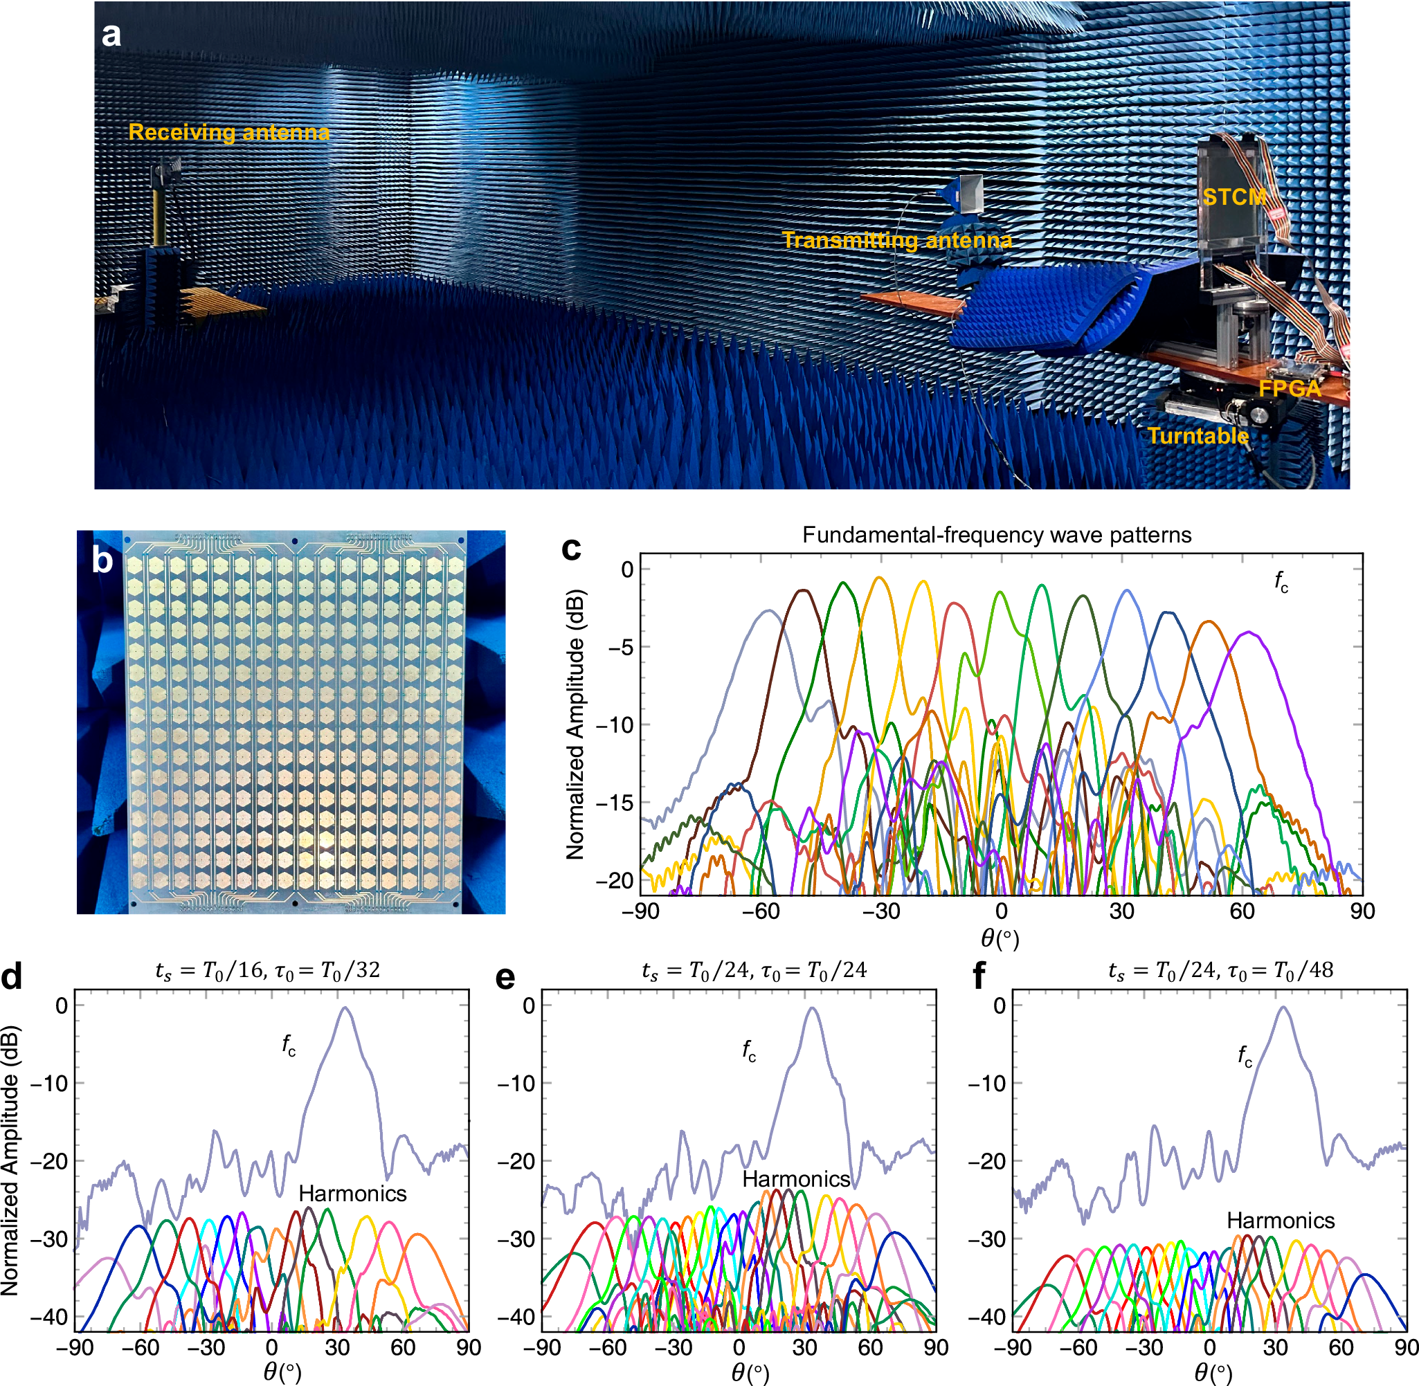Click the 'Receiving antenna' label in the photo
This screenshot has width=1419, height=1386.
[228, 132]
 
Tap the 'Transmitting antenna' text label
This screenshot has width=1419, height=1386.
[896, 240]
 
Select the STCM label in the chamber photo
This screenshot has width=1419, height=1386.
[1233, 197]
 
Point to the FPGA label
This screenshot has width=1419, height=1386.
[1290, 389]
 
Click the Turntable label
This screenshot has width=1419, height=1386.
[1197, 436]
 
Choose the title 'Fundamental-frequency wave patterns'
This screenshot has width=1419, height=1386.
[997, 535]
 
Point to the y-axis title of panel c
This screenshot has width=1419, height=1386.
[575, 724]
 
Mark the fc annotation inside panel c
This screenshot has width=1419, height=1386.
[1281, 582]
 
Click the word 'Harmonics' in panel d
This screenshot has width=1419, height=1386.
[352, 1194]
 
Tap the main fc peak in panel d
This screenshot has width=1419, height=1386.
[345, 1009]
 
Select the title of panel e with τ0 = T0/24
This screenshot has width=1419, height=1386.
[753, 970]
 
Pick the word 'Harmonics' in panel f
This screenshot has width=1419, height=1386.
[1281, 1221]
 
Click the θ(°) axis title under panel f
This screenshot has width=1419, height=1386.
[1212, 1373]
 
